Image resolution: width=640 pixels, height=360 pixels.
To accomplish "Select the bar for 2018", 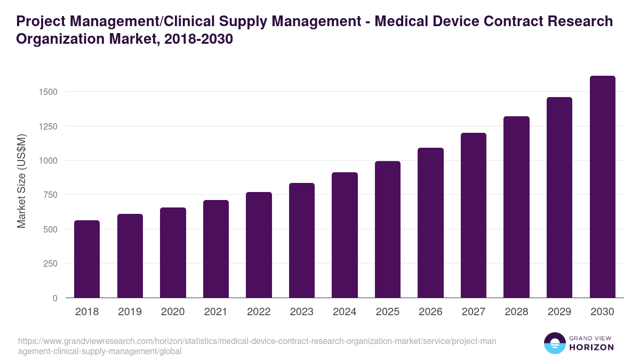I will pyautogui.click(x=87, y=259).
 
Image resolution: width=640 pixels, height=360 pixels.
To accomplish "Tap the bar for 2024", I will pyautogui.click(x=345, y=235).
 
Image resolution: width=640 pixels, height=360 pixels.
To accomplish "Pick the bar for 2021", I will pyautogui.click(x=216, y=249).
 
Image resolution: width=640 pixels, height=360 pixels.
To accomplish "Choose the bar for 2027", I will pyautogui.click(x=474, y=215).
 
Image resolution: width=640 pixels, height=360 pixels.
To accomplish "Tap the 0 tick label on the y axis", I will pyautogui.click(x=55, y=298).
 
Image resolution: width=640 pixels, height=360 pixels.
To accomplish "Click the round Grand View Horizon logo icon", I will pyautogui.click(x=555, y=343).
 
